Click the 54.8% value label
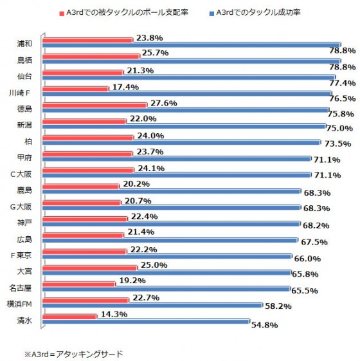click(264, 326)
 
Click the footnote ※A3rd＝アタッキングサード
click(73, 353)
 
